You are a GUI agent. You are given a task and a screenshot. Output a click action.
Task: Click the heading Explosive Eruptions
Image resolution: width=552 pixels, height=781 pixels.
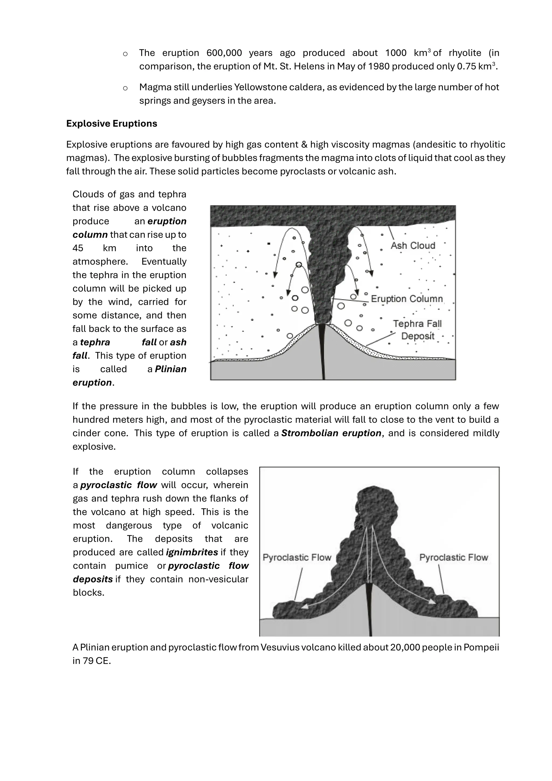pos(112,124)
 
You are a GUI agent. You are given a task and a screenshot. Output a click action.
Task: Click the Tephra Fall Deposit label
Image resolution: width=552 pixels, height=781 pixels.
pos(418,330)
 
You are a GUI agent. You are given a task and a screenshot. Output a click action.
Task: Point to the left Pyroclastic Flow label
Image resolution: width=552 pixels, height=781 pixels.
pos(297,557)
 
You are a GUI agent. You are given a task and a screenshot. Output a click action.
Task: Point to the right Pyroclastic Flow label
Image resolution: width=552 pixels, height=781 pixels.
pos(453,557)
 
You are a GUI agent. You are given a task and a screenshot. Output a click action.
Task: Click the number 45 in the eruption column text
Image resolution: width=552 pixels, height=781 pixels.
pos(78,248)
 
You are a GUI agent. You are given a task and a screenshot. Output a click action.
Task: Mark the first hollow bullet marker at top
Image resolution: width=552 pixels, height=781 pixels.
pos(125,54)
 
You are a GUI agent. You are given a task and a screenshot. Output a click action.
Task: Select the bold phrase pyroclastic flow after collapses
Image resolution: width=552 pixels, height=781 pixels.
pos(119,485)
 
